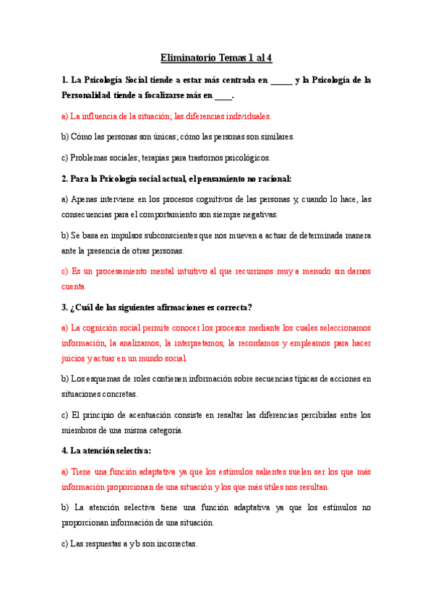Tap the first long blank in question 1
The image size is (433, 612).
point(281,80)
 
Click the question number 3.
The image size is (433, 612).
point(64,307)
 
